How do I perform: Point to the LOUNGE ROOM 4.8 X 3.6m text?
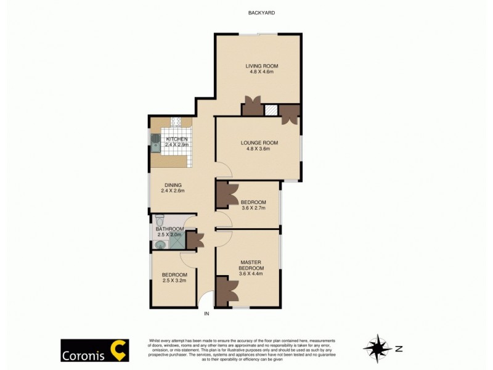(x=259, y=146)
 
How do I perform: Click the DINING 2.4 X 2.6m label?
(x=173, y=187)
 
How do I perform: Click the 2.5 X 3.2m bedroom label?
(x=174, y=277)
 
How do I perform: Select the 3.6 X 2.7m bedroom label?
(x=253, y=205)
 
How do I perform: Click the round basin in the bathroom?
(x=160, y=244)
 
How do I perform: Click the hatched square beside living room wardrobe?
(x=271, y=110)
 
